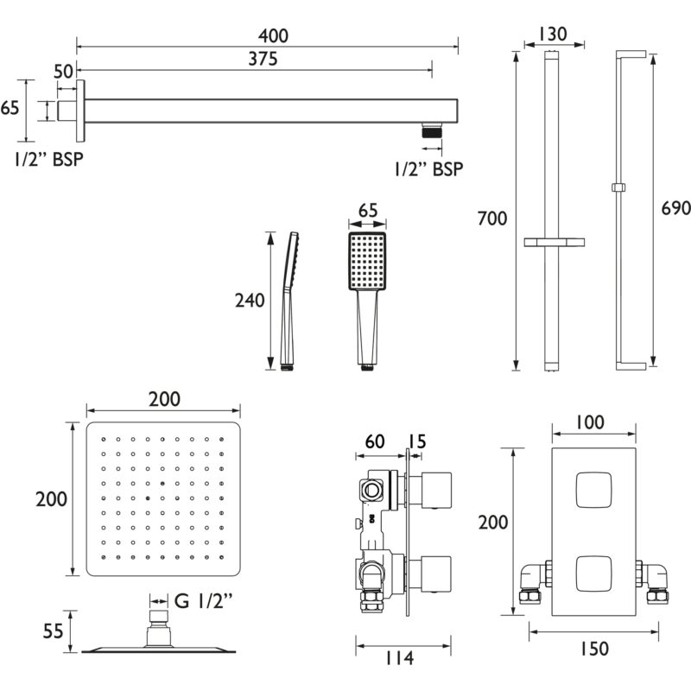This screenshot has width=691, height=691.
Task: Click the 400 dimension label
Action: click(273, 35)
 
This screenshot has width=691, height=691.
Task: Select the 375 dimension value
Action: click(263, 59)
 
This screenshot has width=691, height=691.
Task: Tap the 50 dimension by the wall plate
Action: click(63, 72)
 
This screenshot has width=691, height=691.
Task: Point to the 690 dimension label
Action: click(675, 208)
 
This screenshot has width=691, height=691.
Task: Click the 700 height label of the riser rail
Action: click(492, 219)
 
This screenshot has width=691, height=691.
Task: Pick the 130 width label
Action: click(553, 34)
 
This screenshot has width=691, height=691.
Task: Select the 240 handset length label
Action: click(250, 301)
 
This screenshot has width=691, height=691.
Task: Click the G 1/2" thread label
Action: click(203, 600)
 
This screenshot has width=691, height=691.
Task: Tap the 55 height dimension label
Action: click(53, 631)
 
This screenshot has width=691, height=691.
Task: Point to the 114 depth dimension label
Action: click(400, 658)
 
